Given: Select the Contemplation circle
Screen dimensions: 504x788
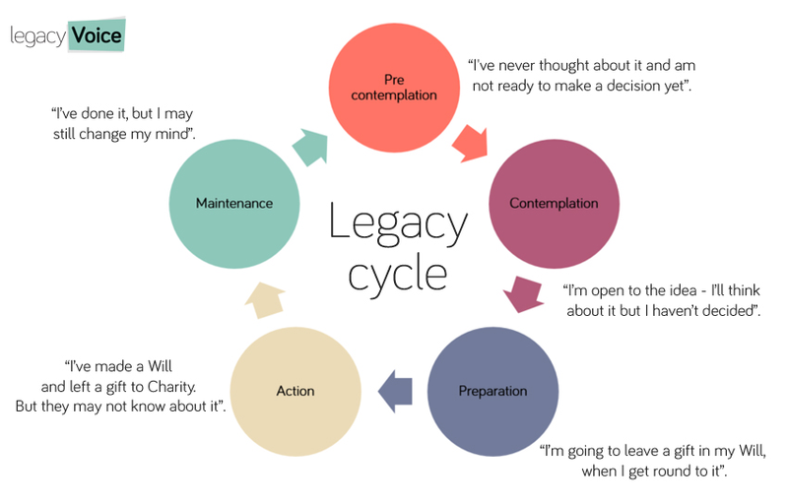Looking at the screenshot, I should (554, 204).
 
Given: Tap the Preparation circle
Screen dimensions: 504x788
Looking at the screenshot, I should (492, 391).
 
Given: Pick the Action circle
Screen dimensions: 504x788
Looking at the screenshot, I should (295, 391).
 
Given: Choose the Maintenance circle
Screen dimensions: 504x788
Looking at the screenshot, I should (233, 204).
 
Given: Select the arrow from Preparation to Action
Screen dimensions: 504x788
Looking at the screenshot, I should (394, 391).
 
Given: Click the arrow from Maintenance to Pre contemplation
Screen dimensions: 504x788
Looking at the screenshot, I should (313, 146).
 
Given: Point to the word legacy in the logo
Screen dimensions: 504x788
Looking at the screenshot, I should (37, 37).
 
